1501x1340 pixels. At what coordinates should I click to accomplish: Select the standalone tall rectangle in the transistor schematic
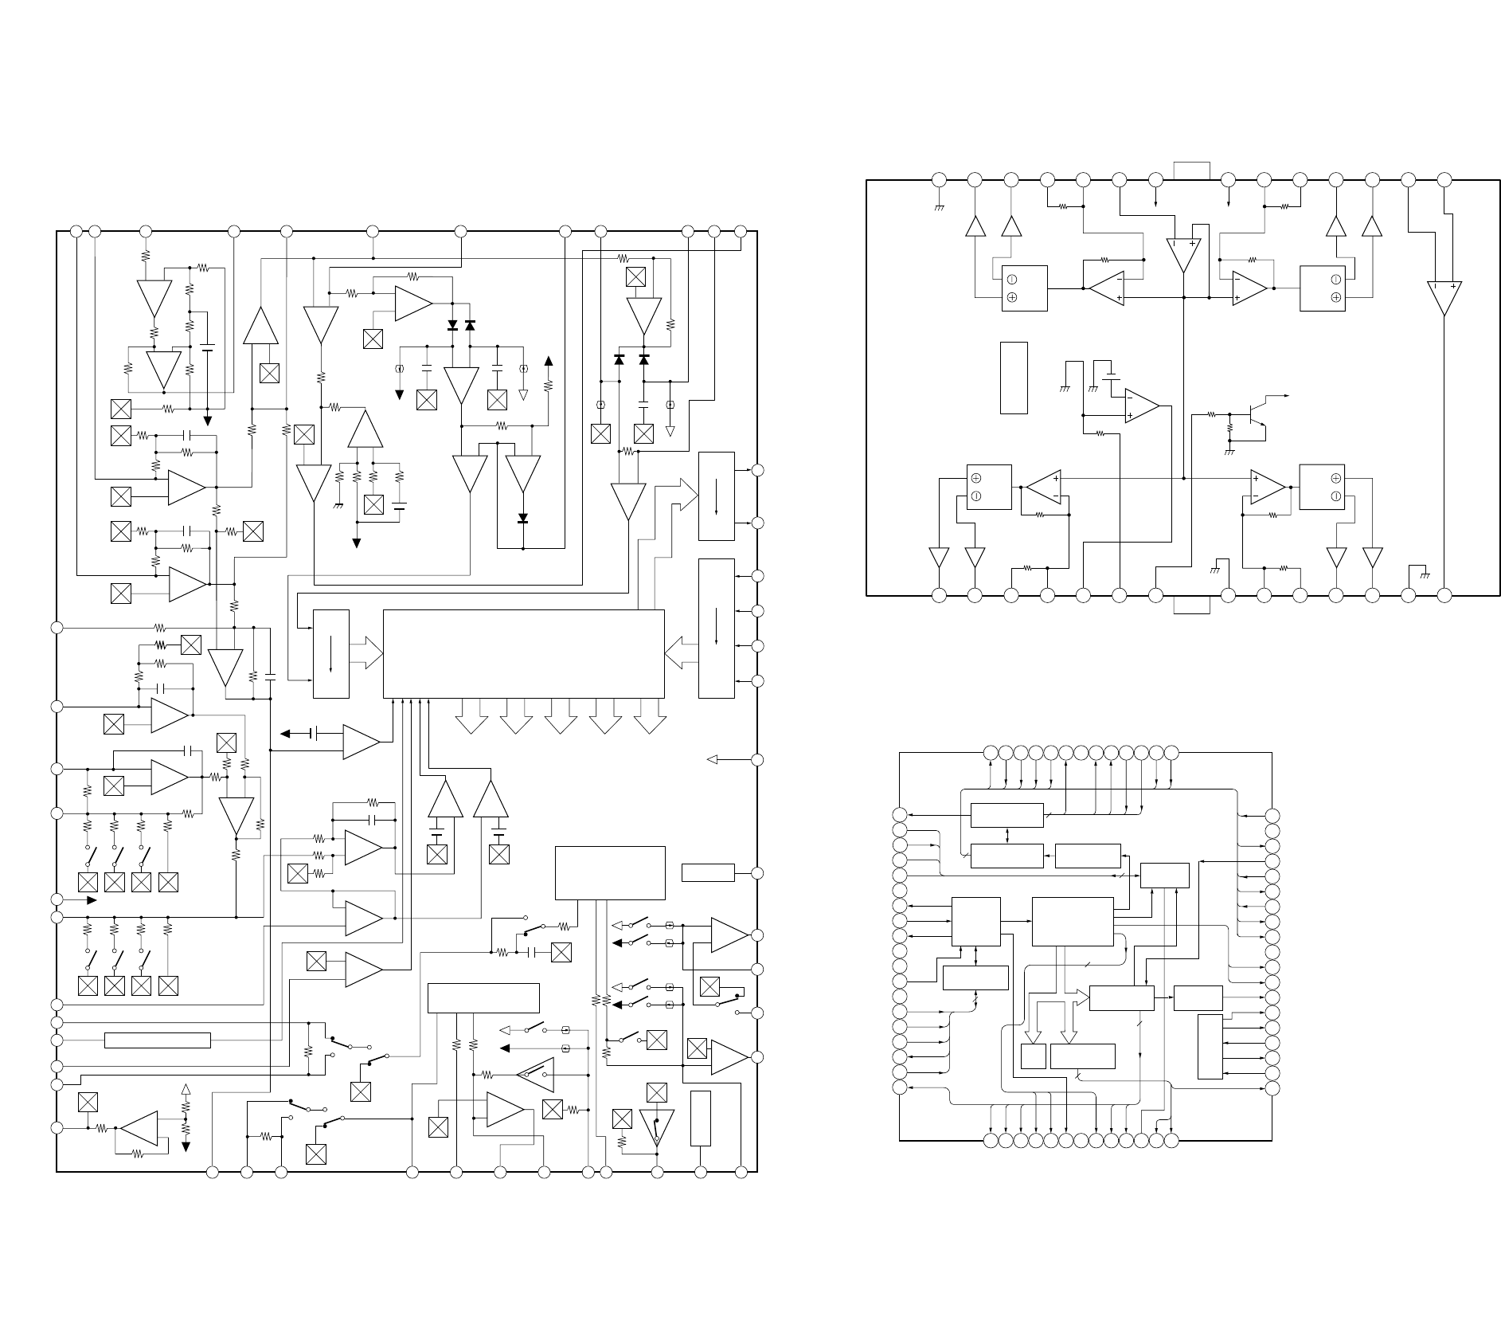[x=1014, y=378]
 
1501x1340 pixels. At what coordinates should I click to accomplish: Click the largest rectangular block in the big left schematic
[x=523, y=653]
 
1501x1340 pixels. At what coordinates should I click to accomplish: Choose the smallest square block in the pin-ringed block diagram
[x=1033, y=1056]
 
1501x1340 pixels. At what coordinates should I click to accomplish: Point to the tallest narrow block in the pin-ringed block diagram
[x=1210, y=1047]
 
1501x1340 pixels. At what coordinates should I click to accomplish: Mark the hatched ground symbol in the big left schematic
[x=338, y=505]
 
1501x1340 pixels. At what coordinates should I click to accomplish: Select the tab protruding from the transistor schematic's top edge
[x=1192, y=170]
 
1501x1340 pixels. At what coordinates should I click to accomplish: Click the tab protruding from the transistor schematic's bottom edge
[x=1192, y=605]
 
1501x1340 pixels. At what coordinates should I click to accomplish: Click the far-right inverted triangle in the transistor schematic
[x=1444, y=299]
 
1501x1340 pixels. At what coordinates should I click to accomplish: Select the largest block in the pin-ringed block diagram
[x=1072, y=922]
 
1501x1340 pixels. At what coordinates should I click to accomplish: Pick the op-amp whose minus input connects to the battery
[x=1141, y=406]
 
